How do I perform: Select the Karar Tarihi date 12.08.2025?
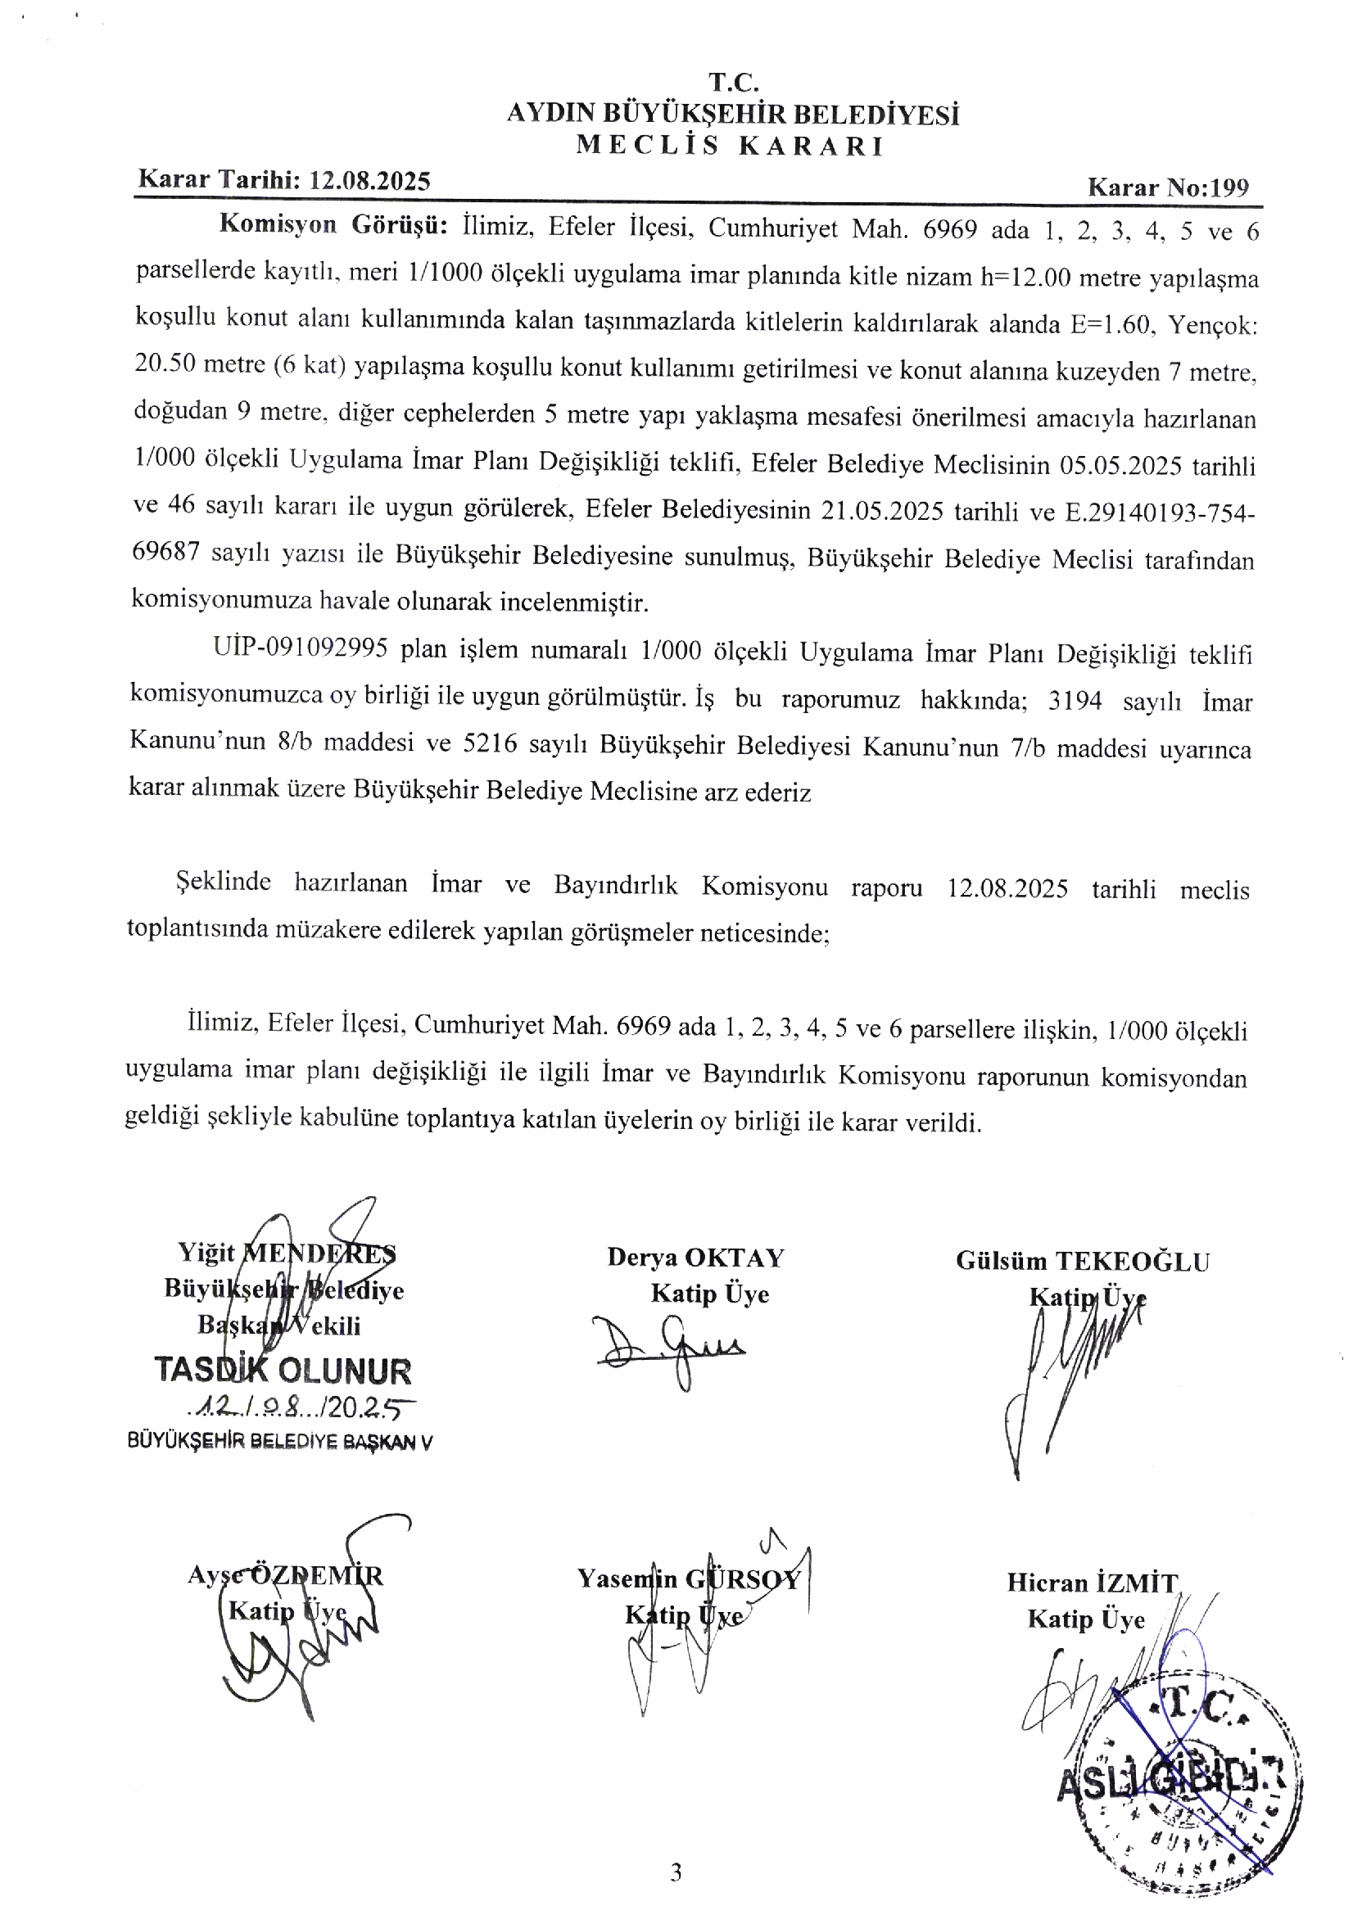coord(369,181)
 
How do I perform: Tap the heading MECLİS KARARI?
coord(731,146)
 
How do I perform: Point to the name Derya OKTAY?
coord(696,1258)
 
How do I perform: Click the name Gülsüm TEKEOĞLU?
coord(1082,1261)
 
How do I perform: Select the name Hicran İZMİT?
coord(1093,1582)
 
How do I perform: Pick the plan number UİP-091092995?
coord(300,648)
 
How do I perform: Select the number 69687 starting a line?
coord(165,552)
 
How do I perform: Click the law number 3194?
coord(1074,701)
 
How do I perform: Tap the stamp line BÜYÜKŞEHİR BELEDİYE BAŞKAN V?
coord(280,1441)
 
